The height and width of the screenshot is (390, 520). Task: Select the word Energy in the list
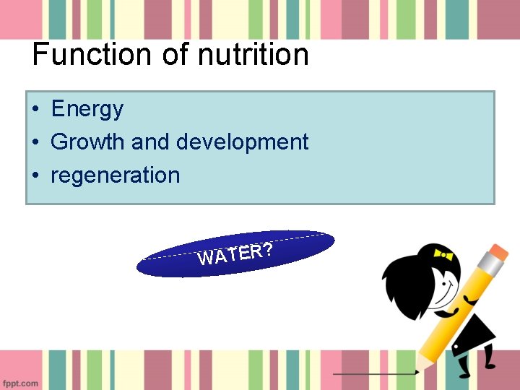(x=87, y=109)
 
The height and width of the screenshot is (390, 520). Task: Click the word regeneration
(x=115, y=175)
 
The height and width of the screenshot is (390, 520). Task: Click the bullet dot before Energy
(x=35, y=110)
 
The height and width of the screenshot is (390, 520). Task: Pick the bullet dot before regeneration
(x=35, y=175)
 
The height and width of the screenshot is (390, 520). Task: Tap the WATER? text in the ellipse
(x=235, y=253)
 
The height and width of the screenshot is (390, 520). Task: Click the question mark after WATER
(x=268, y=249)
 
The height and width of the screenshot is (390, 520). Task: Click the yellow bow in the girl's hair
(x=442, y=254)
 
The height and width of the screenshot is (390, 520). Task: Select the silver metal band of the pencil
(x=484, y=272)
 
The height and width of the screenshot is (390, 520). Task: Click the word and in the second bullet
(x=152, y=142)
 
